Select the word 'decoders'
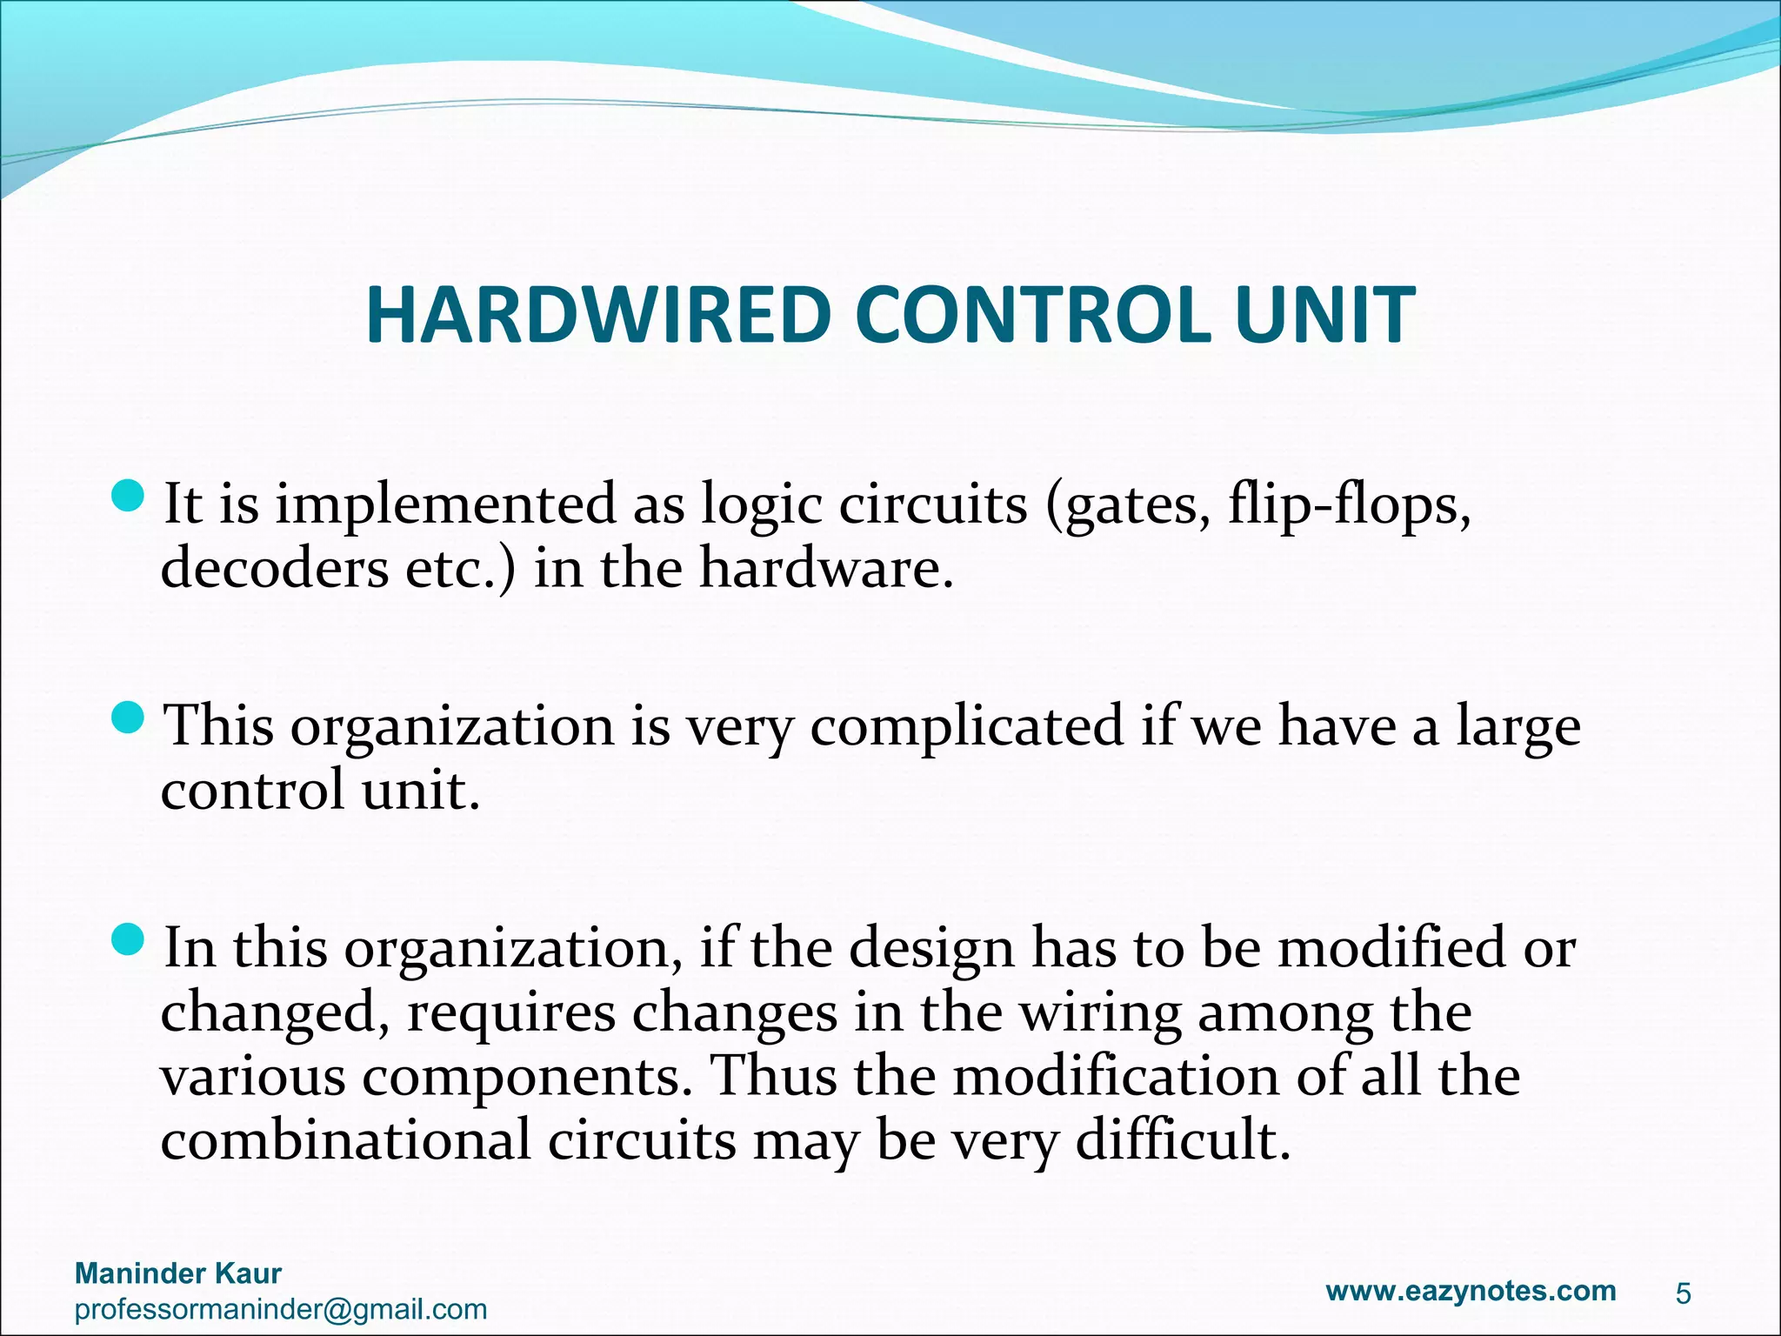tap(275, 569)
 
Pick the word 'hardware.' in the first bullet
tap(826, 569)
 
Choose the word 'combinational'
tap(345, 1141)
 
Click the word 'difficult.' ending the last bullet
tap(1183, 1141)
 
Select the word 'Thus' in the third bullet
tap(773, 1077)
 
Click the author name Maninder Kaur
tap(178, 1273)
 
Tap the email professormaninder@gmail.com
tap(281, 1309)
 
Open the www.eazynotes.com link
tap(1471, 1291)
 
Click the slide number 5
tap(1684, 1294)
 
